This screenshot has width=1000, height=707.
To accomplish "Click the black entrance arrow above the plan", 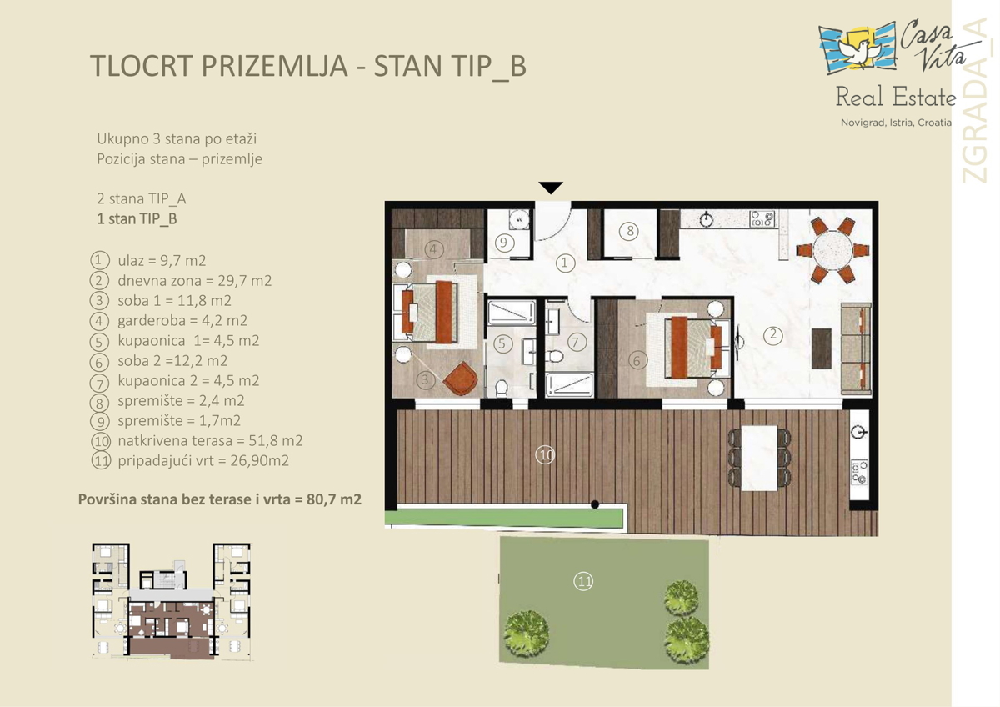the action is point(551,187).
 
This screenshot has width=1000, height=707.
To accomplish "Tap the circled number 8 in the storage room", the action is point(630,231).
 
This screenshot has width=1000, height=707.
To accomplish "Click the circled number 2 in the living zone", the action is point(772,335).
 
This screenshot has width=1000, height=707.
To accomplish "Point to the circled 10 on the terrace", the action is point(546,455).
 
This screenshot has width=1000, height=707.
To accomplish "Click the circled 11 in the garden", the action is point(583,581).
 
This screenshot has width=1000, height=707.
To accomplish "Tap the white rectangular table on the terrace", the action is point(759,458).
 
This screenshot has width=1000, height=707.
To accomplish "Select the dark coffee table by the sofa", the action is point(821,348).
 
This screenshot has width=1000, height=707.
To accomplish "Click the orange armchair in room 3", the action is point(461,378).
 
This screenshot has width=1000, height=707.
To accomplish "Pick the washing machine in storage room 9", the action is point(519,219).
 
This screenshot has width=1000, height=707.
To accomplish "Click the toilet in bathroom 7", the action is point(555,356).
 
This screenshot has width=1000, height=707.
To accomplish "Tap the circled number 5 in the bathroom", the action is point(502,343).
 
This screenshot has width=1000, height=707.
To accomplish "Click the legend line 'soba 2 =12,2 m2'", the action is point(172,360).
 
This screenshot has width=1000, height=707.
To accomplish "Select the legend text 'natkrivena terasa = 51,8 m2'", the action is point(210,440).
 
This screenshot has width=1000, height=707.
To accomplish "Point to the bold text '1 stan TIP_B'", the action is point(137,218).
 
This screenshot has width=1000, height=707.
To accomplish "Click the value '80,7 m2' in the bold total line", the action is point(334,499).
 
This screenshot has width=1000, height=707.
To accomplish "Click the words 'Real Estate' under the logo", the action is point(896,97).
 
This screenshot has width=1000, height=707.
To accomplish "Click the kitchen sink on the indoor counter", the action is point(707,219).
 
